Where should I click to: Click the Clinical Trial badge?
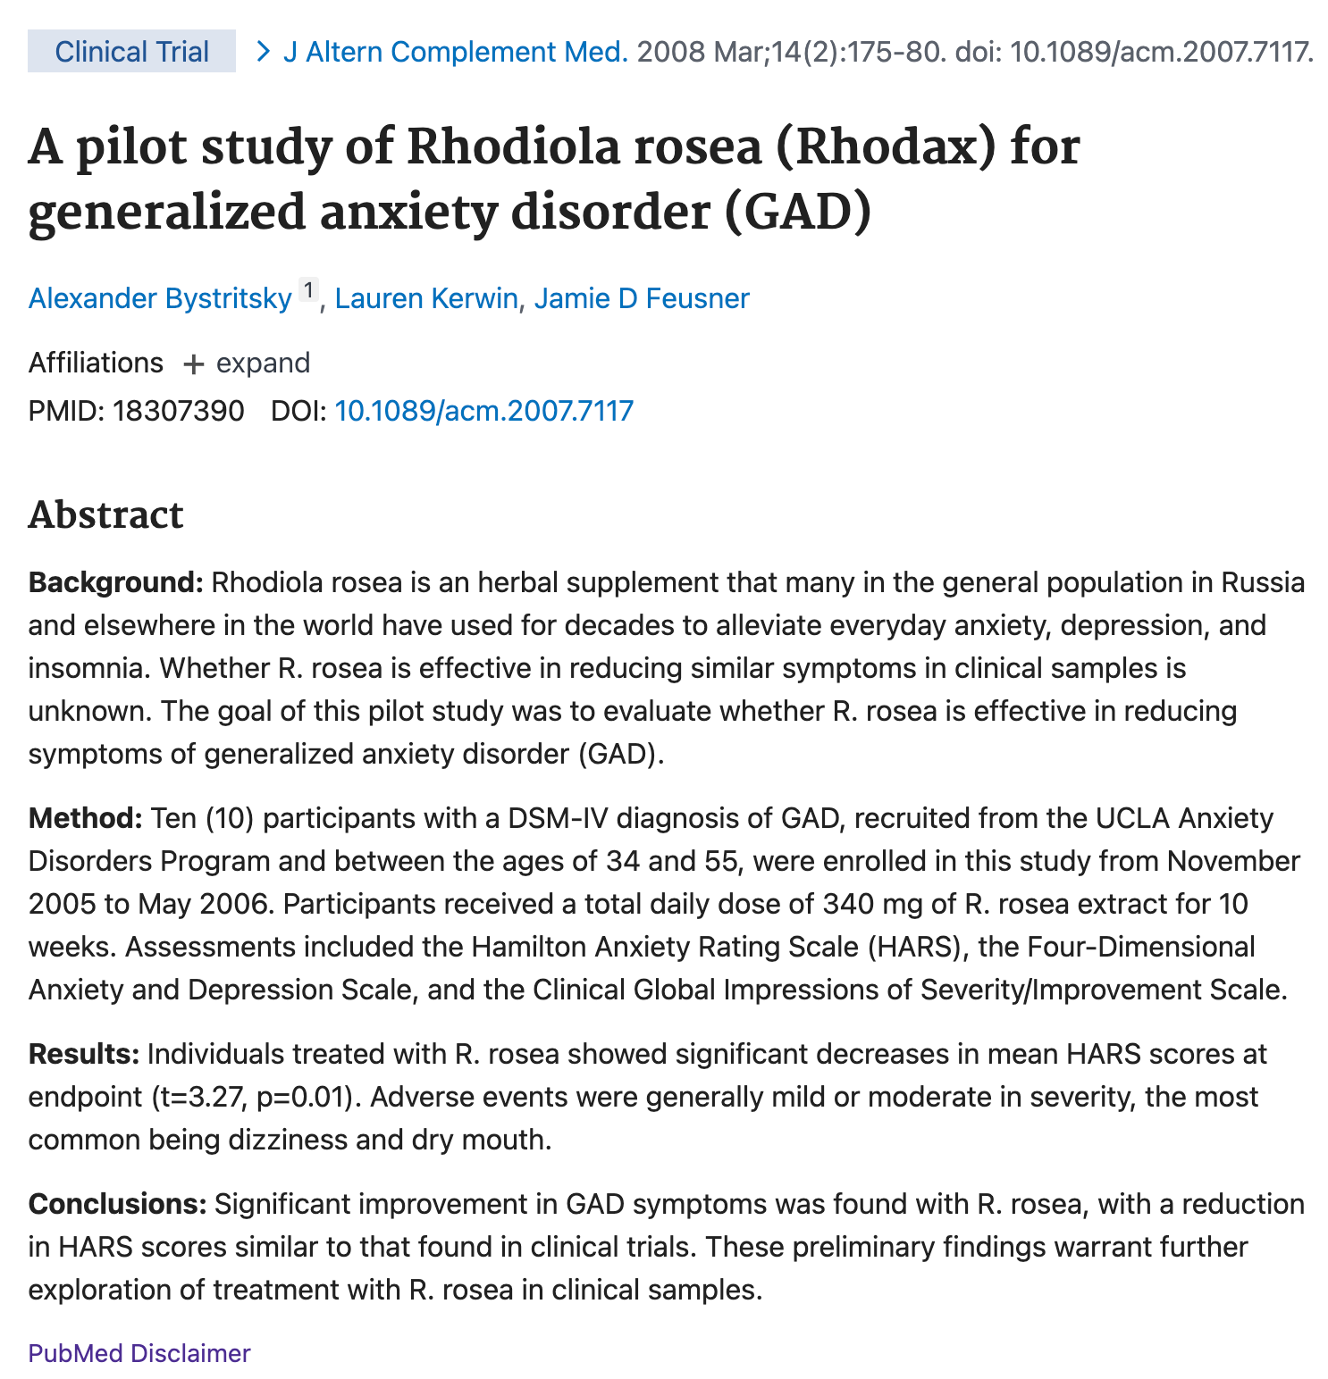coord(131,52)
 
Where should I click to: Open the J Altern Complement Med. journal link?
coord(456,52)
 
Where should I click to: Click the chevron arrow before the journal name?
coord(263,52)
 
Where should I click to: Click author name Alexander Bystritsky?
coord(160,298)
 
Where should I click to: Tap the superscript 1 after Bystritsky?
coord(308,290)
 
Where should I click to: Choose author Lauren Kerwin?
coord(426,298)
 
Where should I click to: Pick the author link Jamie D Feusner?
coord(642,298)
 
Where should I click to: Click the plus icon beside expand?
coord(193,364)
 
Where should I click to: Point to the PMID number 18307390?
coord(178,411)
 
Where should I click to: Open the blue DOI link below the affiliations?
coord(483,411)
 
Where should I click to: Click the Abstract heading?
coord(105,515)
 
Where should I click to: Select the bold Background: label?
coord(116,583)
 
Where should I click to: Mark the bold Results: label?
coord(84,1054)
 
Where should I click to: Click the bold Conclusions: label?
coord(117,1204)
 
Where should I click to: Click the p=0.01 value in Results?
coord(302,1097)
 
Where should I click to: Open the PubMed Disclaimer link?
coord(139,1353)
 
